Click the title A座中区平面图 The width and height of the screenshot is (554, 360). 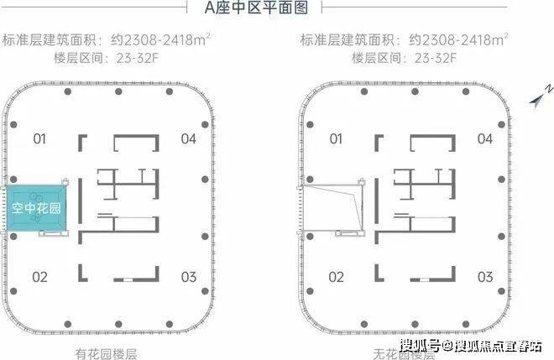(x=277, y=10)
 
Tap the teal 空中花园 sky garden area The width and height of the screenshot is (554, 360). (x=36, y=207)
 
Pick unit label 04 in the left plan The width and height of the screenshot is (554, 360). (x=188, y=138)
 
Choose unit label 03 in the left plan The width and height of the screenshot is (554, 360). (x=188, y=276)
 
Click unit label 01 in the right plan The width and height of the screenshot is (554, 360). (x=336, y=138)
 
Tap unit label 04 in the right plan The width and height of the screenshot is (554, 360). (x=484, y=138)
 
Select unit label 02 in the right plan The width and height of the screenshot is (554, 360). (x=336, y=276)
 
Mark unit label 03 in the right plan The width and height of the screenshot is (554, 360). (x=484, y=276)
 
